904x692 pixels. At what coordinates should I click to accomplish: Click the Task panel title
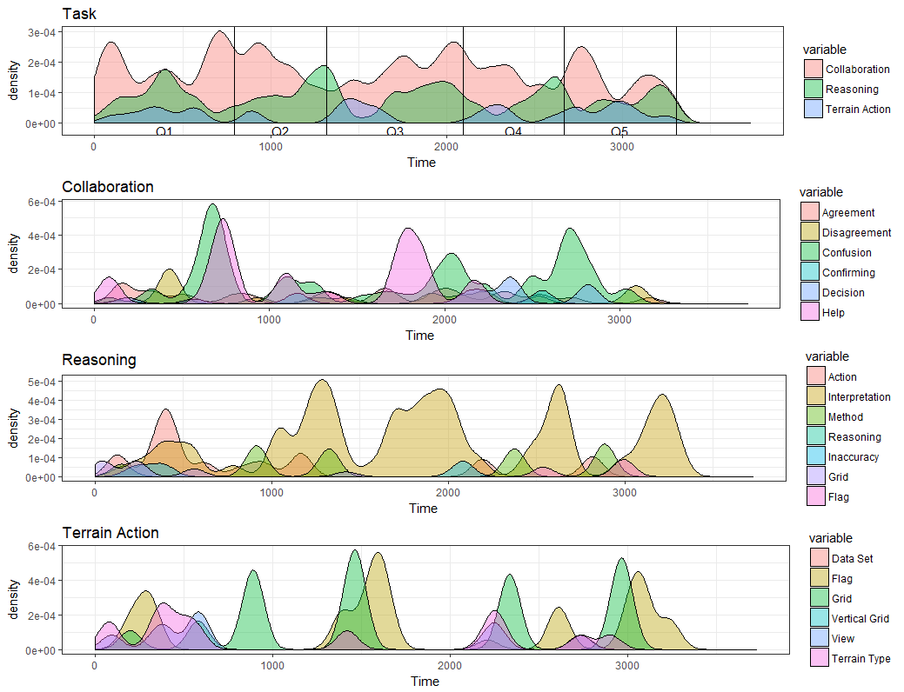79,14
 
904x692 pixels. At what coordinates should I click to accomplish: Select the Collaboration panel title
108,187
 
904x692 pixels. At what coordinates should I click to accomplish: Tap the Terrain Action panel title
110,532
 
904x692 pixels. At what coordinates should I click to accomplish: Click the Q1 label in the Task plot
164,131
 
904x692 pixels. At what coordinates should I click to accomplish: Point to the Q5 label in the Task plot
619,131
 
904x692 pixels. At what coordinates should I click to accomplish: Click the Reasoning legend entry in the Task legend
852,89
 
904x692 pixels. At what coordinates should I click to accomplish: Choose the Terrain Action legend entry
857,109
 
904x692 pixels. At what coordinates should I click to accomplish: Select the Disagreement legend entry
856,232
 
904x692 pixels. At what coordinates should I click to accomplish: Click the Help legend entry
833,312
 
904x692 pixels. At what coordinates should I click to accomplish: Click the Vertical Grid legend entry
860,618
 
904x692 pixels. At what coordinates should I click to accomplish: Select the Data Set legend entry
852,558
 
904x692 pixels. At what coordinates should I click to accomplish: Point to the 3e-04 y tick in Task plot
41,32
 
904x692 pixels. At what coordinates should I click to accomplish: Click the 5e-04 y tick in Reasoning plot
41,382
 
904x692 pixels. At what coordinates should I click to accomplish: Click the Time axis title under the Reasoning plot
423,508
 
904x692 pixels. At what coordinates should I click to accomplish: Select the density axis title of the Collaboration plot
14,253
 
